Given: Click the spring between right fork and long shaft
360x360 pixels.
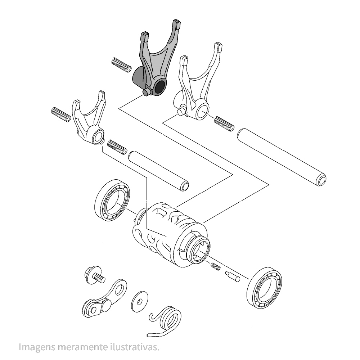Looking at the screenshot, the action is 224,124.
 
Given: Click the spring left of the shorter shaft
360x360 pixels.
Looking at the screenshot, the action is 117,147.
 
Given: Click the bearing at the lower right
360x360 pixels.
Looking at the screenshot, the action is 265,288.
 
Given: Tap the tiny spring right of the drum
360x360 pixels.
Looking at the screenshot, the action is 216,267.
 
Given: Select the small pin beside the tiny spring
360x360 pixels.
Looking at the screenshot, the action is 233,276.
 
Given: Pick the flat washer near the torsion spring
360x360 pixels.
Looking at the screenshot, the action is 140,301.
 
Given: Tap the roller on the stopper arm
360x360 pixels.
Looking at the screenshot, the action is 92,309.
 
